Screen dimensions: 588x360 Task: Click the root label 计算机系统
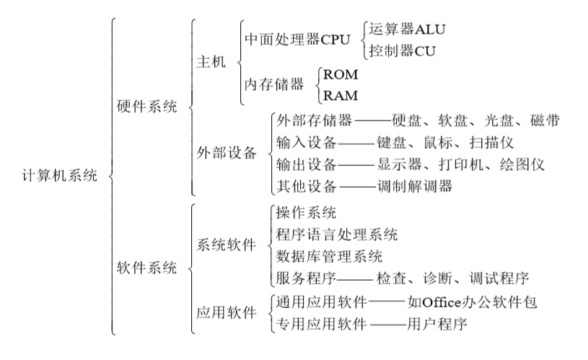(60, 175)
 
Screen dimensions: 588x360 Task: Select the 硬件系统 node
(146, 107)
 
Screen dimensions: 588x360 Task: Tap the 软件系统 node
(146, 268)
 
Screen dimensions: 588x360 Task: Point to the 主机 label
(211, 62)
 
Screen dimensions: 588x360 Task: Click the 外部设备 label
(227, 153)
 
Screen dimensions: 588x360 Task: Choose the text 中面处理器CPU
(297, 40)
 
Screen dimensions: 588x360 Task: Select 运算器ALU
(407, 29)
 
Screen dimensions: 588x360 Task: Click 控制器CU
(402, 51)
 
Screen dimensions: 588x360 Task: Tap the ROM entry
(341, 74)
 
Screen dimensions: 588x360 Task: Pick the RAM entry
(341, 95)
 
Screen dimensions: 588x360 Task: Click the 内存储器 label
(274, 84)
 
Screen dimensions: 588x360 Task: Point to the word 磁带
(545, 120)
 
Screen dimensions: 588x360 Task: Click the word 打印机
(461, 164)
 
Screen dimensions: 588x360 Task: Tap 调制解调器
(415, 186)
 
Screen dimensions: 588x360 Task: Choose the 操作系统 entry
(306, 213)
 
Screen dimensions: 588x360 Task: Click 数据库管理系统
(329, 257)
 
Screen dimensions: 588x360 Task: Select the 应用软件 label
(227, 312)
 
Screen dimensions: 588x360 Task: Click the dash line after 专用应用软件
(388, 324)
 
